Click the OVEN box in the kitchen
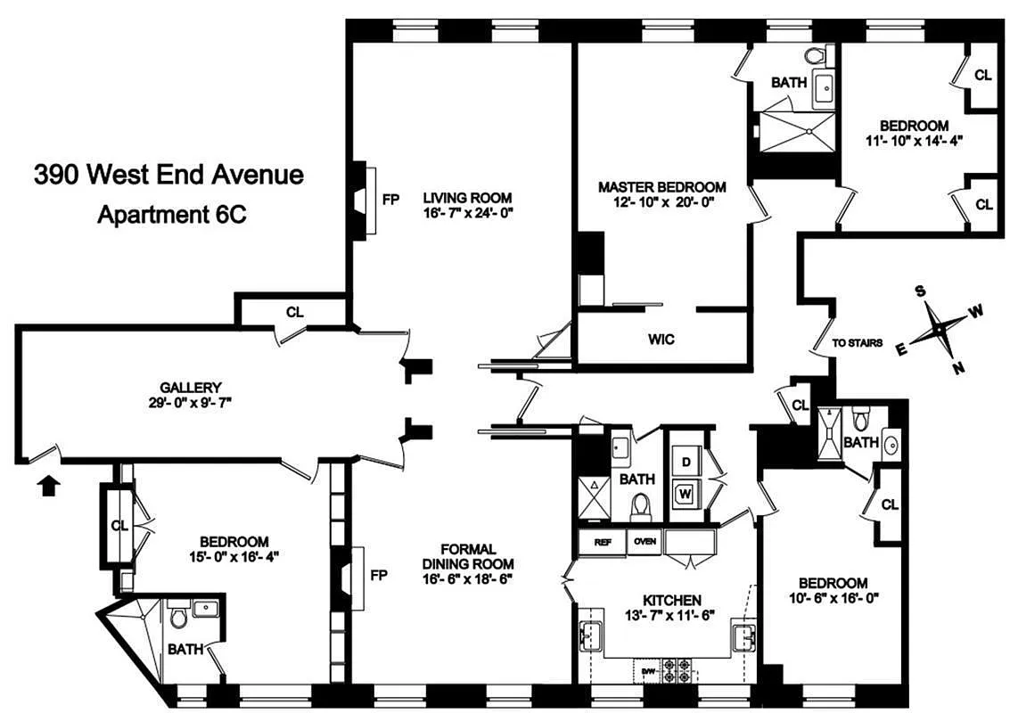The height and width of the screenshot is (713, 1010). (644, 542)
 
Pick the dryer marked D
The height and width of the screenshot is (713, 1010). (686, 463)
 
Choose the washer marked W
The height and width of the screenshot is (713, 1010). (686, 491)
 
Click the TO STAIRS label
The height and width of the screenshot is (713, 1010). (857, 342)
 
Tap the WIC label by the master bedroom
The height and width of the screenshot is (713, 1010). (661, 339)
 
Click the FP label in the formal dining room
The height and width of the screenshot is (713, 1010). (378, 575)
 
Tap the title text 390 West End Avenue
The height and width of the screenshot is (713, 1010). (168, 174)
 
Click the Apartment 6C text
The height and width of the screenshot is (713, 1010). (169, 215)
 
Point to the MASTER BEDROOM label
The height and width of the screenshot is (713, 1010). (661, 187)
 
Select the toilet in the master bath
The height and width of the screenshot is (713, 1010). (813, 55)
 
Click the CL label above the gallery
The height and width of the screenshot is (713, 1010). (295, 312)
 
